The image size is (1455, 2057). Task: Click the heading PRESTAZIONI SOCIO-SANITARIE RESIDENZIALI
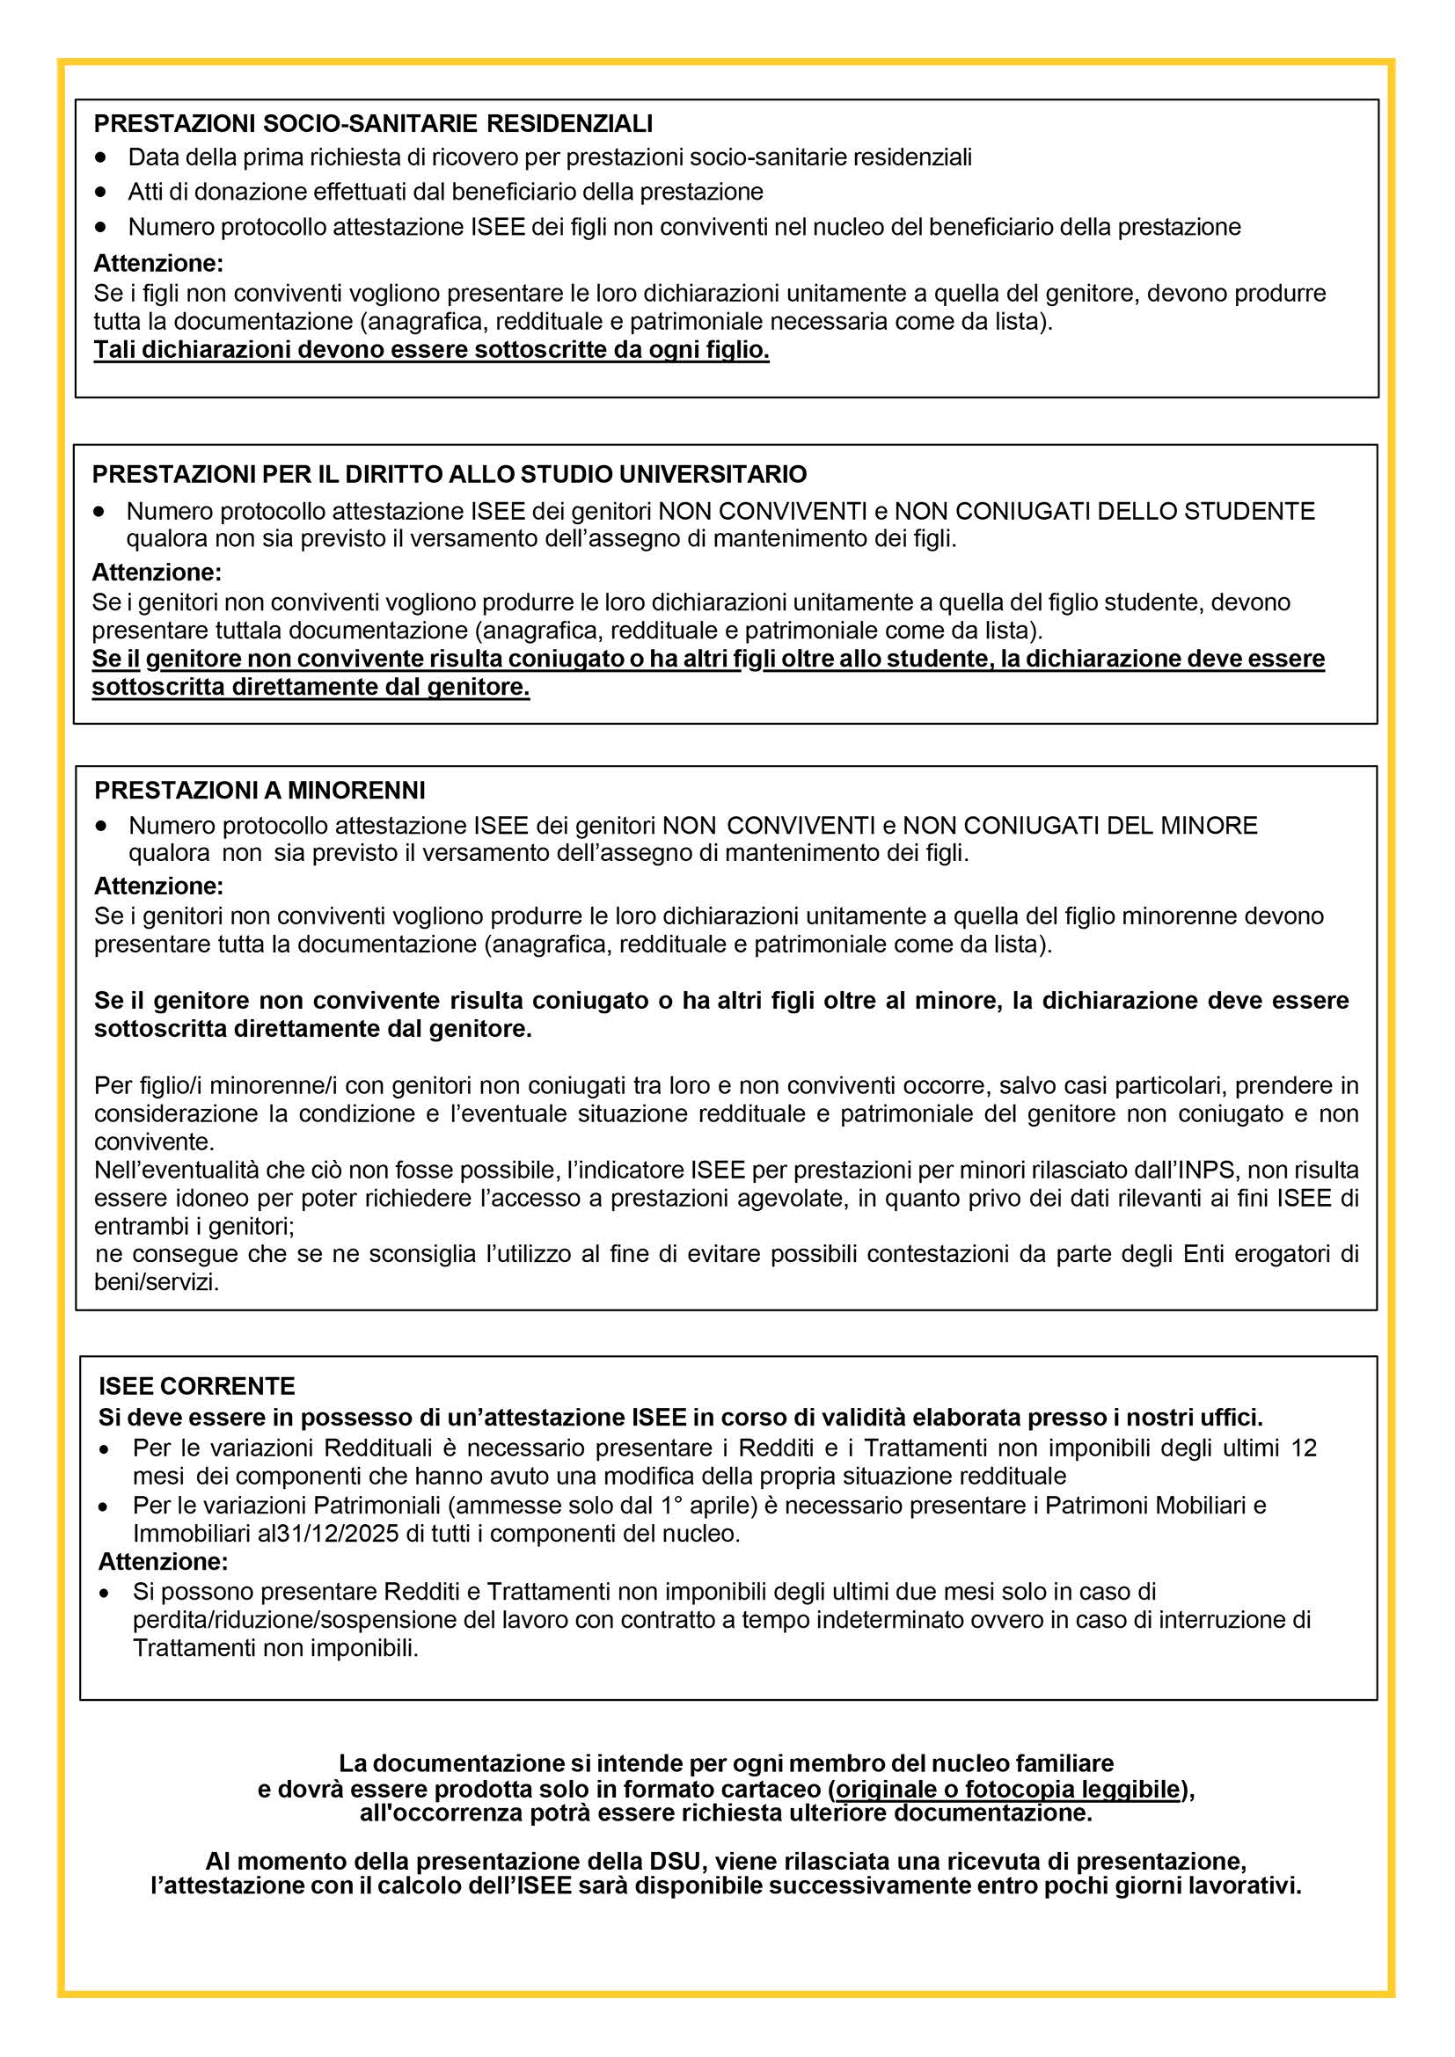[x=373, y=123]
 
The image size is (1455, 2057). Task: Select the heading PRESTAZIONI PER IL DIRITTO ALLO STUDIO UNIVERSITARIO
[x=449, y=473]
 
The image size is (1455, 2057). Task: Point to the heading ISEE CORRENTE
[x=196, y=1386]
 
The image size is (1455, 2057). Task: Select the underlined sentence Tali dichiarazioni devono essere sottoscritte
[x=431, y=349]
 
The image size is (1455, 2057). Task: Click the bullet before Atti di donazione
[x=101, y=192]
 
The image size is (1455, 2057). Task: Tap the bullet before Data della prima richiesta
[x=101, y=157]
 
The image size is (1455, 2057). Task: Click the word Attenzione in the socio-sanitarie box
[x=158, y=264]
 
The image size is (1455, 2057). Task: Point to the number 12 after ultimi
[x=1304, y=1448]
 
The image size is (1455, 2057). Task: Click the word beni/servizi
[x=157, y=1282]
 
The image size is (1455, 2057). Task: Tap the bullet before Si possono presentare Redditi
[x=106, y=1592]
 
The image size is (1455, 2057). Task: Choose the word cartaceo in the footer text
[x=772, y=1789]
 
